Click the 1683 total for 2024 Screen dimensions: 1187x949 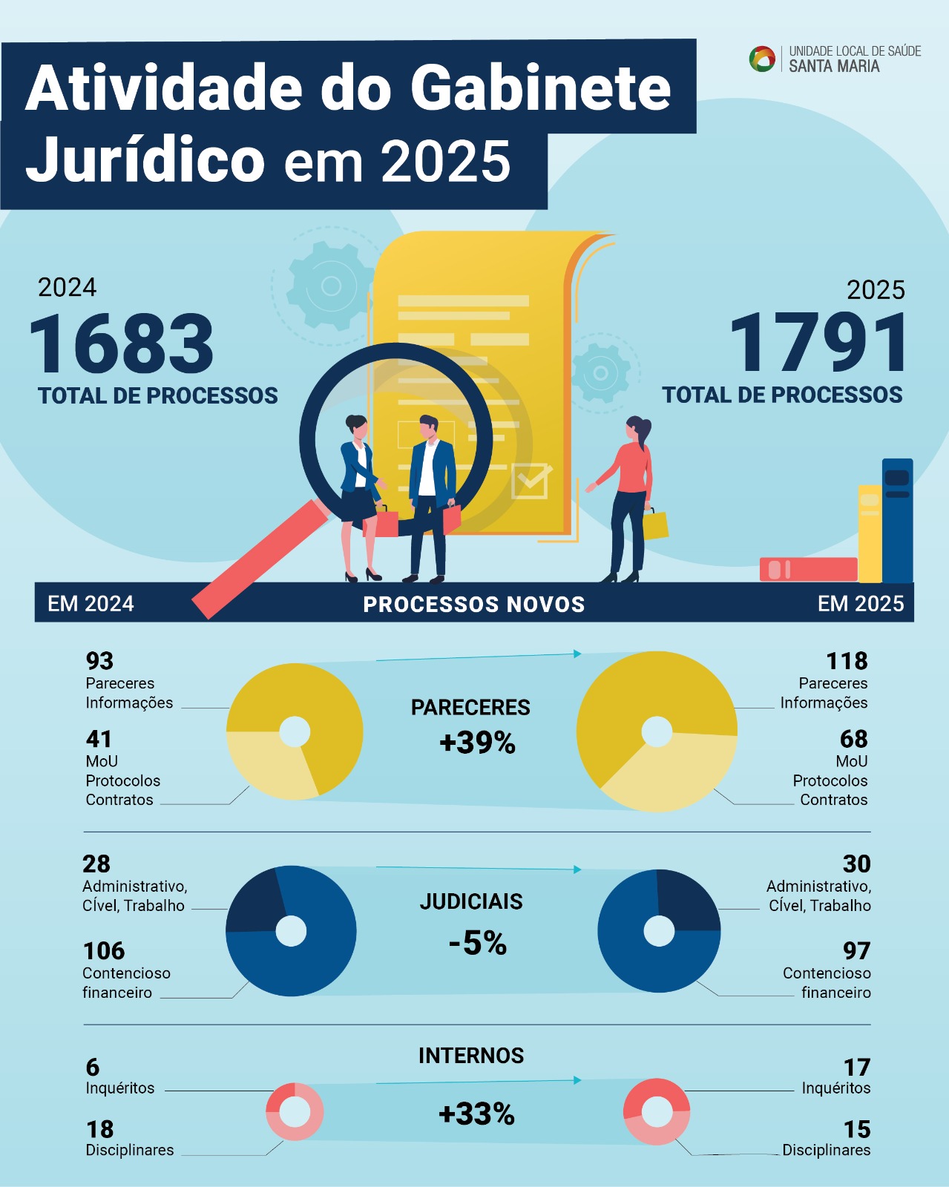(122, 344)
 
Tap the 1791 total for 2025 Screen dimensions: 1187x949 (818, 343)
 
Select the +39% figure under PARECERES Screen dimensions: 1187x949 (477, 743)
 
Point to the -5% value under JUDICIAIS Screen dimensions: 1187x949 (477, 943)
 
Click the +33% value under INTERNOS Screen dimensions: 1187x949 (476, 1114)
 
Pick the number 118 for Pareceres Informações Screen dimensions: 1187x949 (847, 660)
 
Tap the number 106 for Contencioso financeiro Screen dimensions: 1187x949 (104, 950)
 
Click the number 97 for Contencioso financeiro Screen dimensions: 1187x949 (856, 950)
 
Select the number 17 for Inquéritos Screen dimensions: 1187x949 (856, 1067)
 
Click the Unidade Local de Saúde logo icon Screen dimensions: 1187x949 (762, 59)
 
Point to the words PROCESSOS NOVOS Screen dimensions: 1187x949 (473, 604)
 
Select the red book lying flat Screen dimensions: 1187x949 (808, 569)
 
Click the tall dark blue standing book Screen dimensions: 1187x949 (897, 520)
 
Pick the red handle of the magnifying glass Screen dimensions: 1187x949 (260, 558)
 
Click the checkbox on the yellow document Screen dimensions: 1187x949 (530, 482)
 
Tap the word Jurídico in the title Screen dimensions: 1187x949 (145, 160)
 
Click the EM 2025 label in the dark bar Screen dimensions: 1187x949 (861, 603)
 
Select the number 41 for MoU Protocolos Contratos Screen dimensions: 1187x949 (99, 739)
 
